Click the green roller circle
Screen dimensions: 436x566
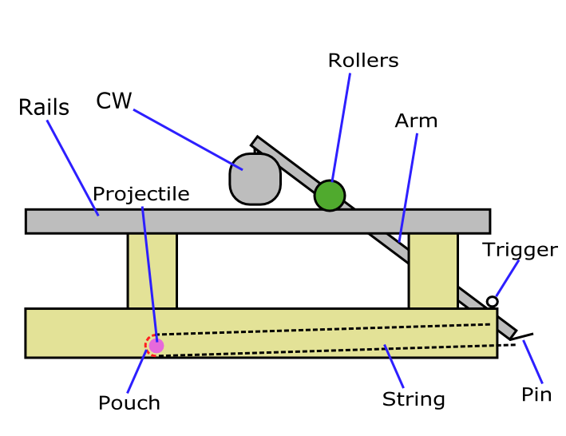(329, 195)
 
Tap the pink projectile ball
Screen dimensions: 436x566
(156, 345)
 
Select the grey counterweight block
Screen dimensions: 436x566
(255, 179)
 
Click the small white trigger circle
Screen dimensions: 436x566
(493, 301)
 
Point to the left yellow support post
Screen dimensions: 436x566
(152, 270)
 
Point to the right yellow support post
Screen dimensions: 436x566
(433, 270)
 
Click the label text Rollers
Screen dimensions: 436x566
(362, 61)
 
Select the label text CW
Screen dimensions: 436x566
(113, 101)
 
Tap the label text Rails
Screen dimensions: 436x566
(44, 108)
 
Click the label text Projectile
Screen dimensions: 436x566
(141, 194)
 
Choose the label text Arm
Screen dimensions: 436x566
(416, 121)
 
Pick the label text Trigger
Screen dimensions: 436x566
(520, 249)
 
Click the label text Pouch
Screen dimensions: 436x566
(129, 403)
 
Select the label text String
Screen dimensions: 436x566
(413, 398)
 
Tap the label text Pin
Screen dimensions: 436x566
(536, 394)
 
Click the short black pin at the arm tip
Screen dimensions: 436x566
(522, 336)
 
